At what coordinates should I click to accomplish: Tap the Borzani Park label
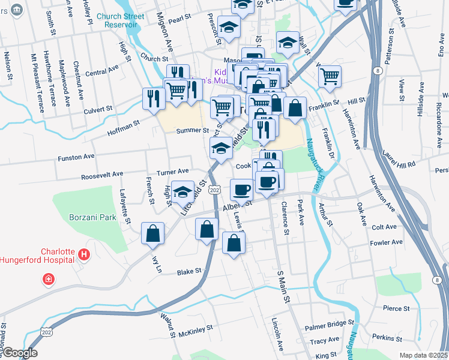(92, 217)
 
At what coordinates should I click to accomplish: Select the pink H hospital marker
(85, 254)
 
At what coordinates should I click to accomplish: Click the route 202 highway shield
(215, 190)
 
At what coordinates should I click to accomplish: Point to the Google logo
(20, 353)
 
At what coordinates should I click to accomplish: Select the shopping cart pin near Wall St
(330, 76)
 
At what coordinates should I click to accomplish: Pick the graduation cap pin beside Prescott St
(228, 26)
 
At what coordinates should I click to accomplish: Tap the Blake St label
(189, 272)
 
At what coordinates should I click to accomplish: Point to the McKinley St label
(196, 329)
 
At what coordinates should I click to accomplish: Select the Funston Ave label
(76, 157)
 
